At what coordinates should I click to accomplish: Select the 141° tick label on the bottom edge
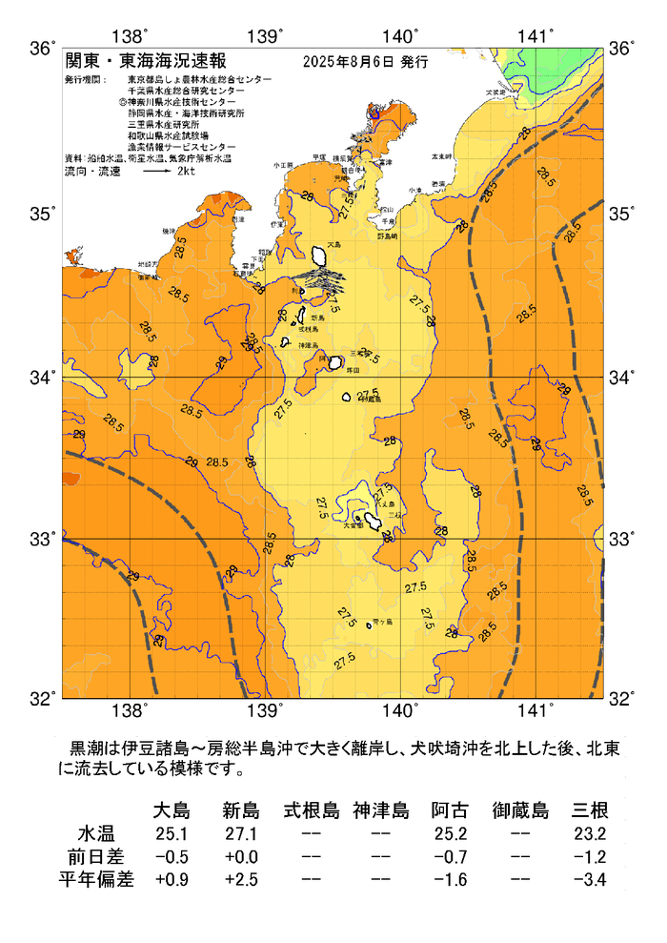[x=536, y=710]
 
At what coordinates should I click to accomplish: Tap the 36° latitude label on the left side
[x=43, y=48]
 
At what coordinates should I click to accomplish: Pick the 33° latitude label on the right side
[x=622, y=540]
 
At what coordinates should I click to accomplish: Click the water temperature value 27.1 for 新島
[x=240, y=834]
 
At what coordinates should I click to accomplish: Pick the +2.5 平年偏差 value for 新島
[x=240, y=878]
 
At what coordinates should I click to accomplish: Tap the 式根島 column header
[x=311, y=811]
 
